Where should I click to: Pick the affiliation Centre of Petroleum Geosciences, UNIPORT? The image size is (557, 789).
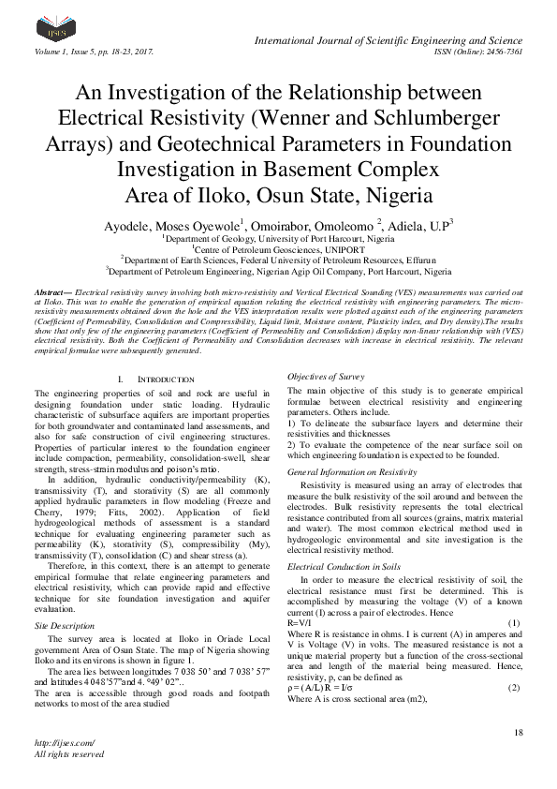click(278, 249)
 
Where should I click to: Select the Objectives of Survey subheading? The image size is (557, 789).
click(325, 376)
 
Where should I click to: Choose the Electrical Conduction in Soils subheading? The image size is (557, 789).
click(344, 568)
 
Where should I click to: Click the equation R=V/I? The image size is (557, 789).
click(300, 623)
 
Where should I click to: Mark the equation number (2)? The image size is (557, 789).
click(513, 662)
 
